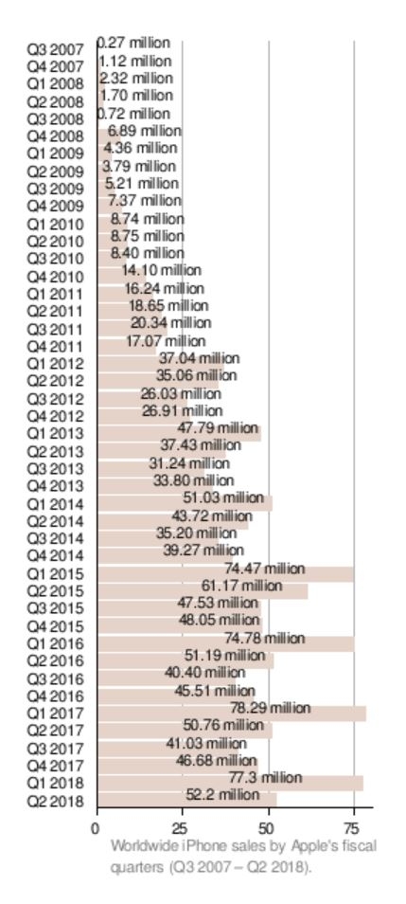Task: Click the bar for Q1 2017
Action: click(x=232, y=714)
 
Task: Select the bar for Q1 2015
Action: click(x=226, y=574)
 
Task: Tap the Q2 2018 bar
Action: click(x=187, y=800)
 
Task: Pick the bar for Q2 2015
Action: click(x=203, y=591)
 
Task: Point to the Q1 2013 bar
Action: click(x=179, y=434)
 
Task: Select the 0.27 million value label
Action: click(x=133, y=43)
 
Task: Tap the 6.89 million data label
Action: click(x=145, y=132)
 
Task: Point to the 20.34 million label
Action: click(x=170, y=322)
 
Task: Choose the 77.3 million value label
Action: click(x=265, y=778)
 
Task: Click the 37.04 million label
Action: click(x=200, y=358)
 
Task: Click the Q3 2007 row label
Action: click(x=55, y=49)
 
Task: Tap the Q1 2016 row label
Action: click(x=55, y=643)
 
